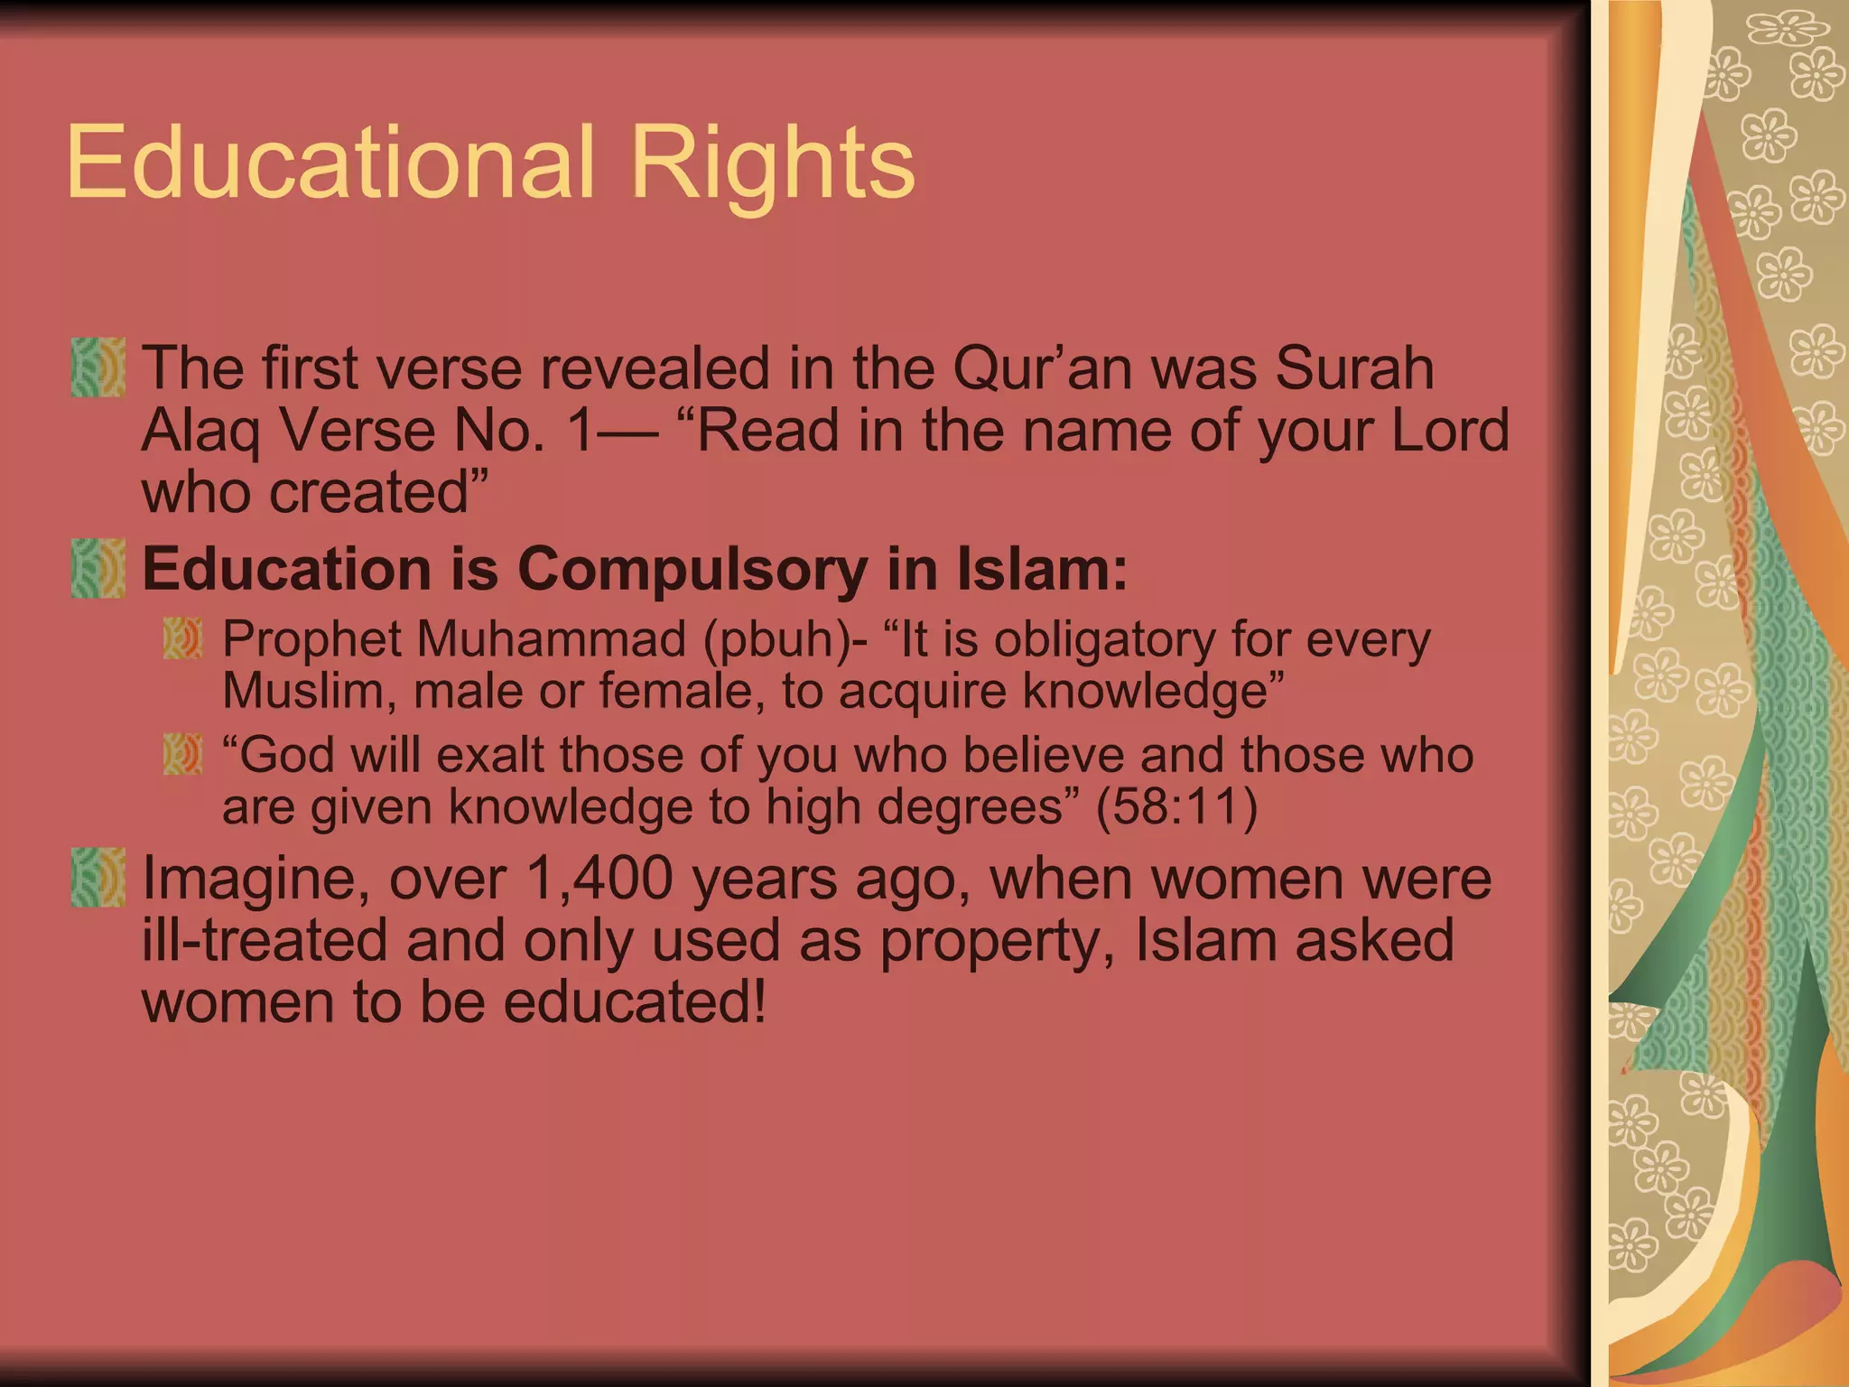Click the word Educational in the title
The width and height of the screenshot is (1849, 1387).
point(330,163)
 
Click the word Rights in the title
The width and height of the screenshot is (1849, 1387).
point(773,164)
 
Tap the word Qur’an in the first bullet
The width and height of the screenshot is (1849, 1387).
point(1038,368)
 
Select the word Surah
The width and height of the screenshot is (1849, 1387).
point(1354,368)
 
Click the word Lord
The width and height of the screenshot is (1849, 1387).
point(1450,430)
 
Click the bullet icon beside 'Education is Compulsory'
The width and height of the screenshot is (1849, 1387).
point(98,569)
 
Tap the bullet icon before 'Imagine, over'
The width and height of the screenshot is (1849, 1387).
point(98,877)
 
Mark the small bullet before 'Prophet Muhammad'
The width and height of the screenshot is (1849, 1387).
point(182,638)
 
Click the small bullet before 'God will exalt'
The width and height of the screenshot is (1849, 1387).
point(182,754)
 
